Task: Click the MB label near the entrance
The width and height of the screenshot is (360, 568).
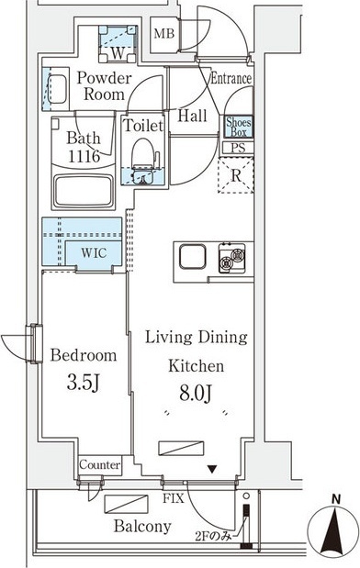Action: (x=164, y=34)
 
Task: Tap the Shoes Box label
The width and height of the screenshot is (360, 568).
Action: (x=239, y=127)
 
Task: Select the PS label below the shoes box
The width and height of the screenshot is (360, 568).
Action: (x=238, y=148)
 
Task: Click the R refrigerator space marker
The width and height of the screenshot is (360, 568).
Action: (x=236, y=175)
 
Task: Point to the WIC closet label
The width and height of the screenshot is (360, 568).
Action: (x=94, y=252)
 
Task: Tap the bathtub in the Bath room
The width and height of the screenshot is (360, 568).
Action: (x=84, y=191)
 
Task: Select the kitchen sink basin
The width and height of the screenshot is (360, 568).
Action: (x=192, y=256)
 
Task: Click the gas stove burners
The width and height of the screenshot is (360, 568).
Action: (x=231, y=258)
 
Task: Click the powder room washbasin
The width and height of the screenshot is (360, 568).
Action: (x=56, y=89)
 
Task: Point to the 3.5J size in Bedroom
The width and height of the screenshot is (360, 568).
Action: (x=84, y=384)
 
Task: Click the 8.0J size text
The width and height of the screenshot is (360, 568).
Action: (x=196, y=394)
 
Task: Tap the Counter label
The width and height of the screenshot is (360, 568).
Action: (x=100, y=464)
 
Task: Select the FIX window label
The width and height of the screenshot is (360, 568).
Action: (x=174, y=498)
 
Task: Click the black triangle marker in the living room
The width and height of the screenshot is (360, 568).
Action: (x=212, y=470)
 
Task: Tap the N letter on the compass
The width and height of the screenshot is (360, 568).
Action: (x=336, y=500)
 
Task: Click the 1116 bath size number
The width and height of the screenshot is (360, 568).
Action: (x=84, y=156)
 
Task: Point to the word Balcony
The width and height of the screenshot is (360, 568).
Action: (x=142, y=527)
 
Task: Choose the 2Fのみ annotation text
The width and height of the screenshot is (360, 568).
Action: (x=213, y=536)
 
